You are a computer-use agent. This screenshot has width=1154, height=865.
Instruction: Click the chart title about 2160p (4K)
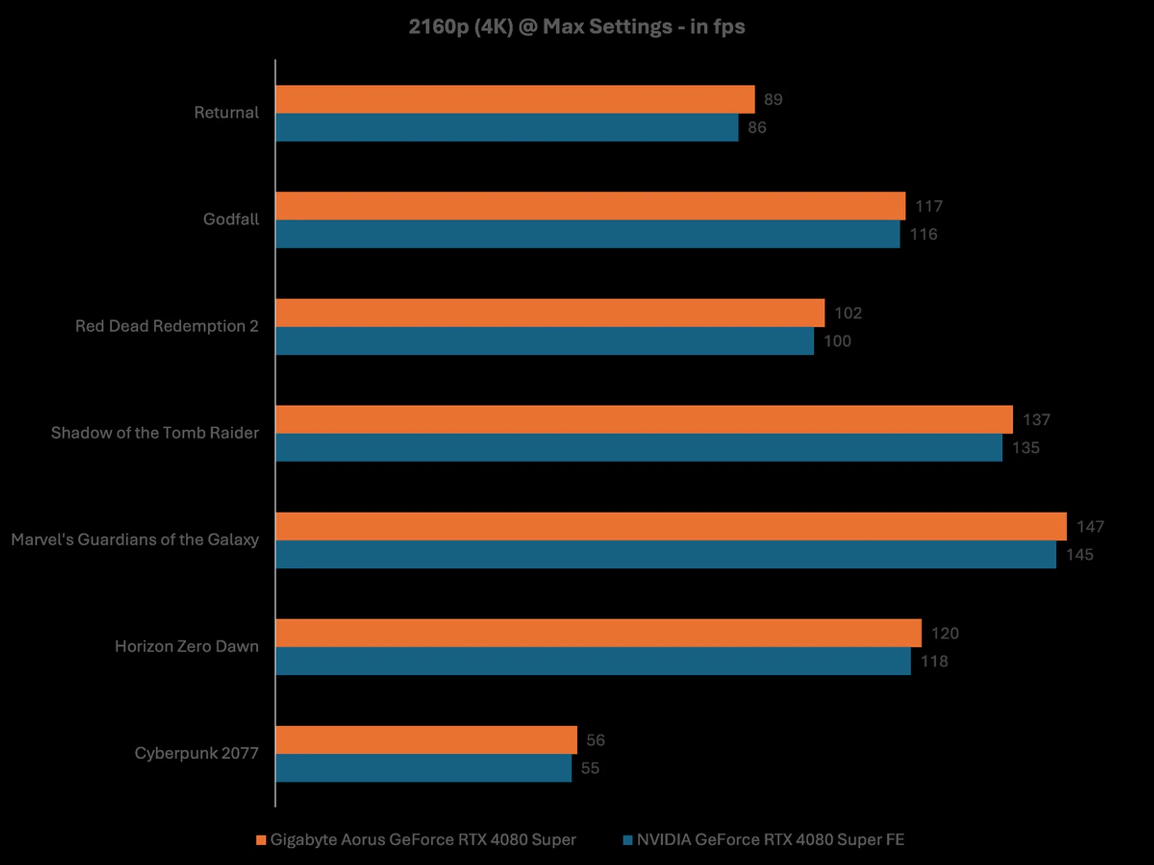tap(576, 27)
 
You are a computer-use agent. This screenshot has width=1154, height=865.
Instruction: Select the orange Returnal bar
tap(514, 99)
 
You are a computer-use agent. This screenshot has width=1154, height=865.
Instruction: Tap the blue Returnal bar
tap(507, 127)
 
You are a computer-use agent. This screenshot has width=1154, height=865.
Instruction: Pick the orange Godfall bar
tap(590, 206)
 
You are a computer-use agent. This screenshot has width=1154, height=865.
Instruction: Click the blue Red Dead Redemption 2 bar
tap(545, 341)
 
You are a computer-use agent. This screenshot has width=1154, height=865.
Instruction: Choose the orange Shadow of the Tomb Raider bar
tap(644, 419)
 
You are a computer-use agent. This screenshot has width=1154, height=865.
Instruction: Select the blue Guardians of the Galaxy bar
tap(665, 554)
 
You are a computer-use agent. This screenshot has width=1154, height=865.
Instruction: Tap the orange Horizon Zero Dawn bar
tap(598, 633)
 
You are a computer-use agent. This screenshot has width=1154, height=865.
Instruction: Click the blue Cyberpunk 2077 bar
tap(423, 768)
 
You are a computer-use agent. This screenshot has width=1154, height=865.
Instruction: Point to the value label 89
tap(773, 100)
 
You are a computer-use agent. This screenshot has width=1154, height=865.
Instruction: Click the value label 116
tap(923, 234)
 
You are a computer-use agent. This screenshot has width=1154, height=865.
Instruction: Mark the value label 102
tap(848, 313)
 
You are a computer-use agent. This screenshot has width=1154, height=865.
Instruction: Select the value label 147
tap(1090, 527)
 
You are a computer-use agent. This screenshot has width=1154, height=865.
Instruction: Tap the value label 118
tap(934, 661)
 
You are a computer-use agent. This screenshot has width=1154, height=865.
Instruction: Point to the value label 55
tap(590, 768)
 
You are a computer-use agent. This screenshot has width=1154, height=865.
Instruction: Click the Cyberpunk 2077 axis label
tap(197, 753)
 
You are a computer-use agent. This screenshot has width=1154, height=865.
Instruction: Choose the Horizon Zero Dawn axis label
tap(186, 646)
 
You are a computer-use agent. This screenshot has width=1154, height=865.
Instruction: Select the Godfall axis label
tap(231, 219)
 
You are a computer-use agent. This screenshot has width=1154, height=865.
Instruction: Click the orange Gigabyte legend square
tap(261, 840)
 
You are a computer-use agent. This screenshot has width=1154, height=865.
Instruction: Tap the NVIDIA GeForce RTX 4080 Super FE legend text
tap(770, 840)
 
